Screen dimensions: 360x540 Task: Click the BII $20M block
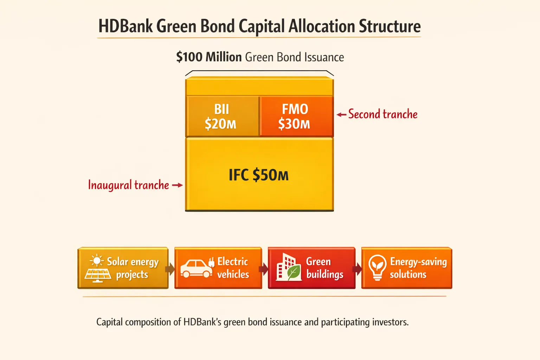(221, 116)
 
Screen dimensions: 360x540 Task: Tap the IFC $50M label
(259, 175)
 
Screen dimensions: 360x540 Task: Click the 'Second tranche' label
(382, 114)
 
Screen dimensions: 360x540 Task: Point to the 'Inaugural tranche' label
(128, 185)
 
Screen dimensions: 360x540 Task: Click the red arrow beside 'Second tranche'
(341, 115)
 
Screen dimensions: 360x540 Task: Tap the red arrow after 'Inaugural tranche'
(177, 185)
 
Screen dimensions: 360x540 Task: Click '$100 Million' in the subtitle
(209, 57)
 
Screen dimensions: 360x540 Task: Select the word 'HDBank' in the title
(126, 26)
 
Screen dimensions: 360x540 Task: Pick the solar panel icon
(98, 275)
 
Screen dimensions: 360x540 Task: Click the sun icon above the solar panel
(96, 261)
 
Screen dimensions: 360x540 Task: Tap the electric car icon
(196, 269)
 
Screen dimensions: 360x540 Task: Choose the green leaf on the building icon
(294, 272)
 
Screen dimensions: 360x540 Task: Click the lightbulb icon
(377, 267)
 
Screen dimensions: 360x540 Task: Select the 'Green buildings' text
(324, 268)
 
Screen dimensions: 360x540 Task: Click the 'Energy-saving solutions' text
(418, 268)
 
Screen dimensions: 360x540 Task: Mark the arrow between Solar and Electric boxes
(170, 269)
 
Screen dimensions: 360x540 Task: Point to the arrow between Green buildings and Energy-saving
(357, 269)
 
